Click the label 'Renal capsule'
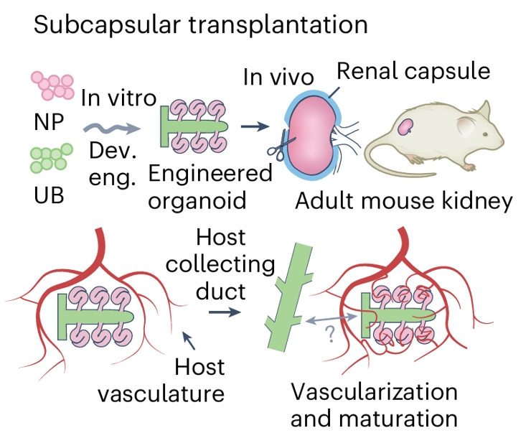pos(413,71)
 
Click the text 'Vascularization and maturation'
pos(374,404)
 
